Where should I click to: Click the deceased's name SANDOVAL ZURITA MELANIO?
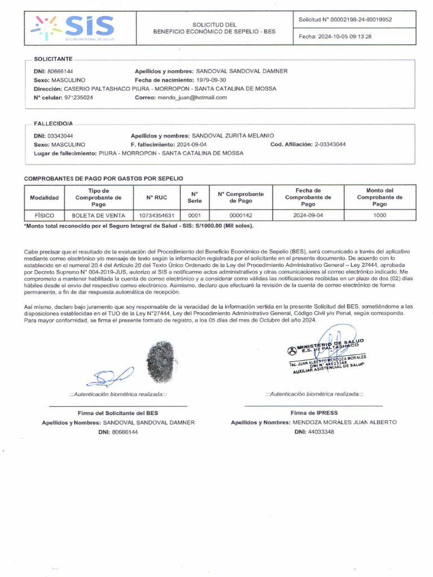coord(233,136)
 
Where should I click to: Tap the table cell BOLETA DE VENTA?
coord(98,215)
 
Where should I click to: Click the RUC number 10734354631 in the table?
coord(156,215)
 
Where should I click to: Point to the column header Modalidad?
coord(44,198)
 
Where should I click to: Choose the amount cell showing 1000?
coord(379,215)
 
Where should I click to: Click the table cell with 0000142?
coord(241,215)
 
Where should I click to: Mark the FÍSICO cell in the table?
coord(44,215)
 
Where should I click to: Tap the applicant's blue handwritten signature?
coord(113,375)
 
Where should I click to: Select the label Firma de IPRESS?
coord(314,413)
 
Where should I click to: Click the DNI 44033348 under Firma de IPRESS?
coord(320,432)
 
